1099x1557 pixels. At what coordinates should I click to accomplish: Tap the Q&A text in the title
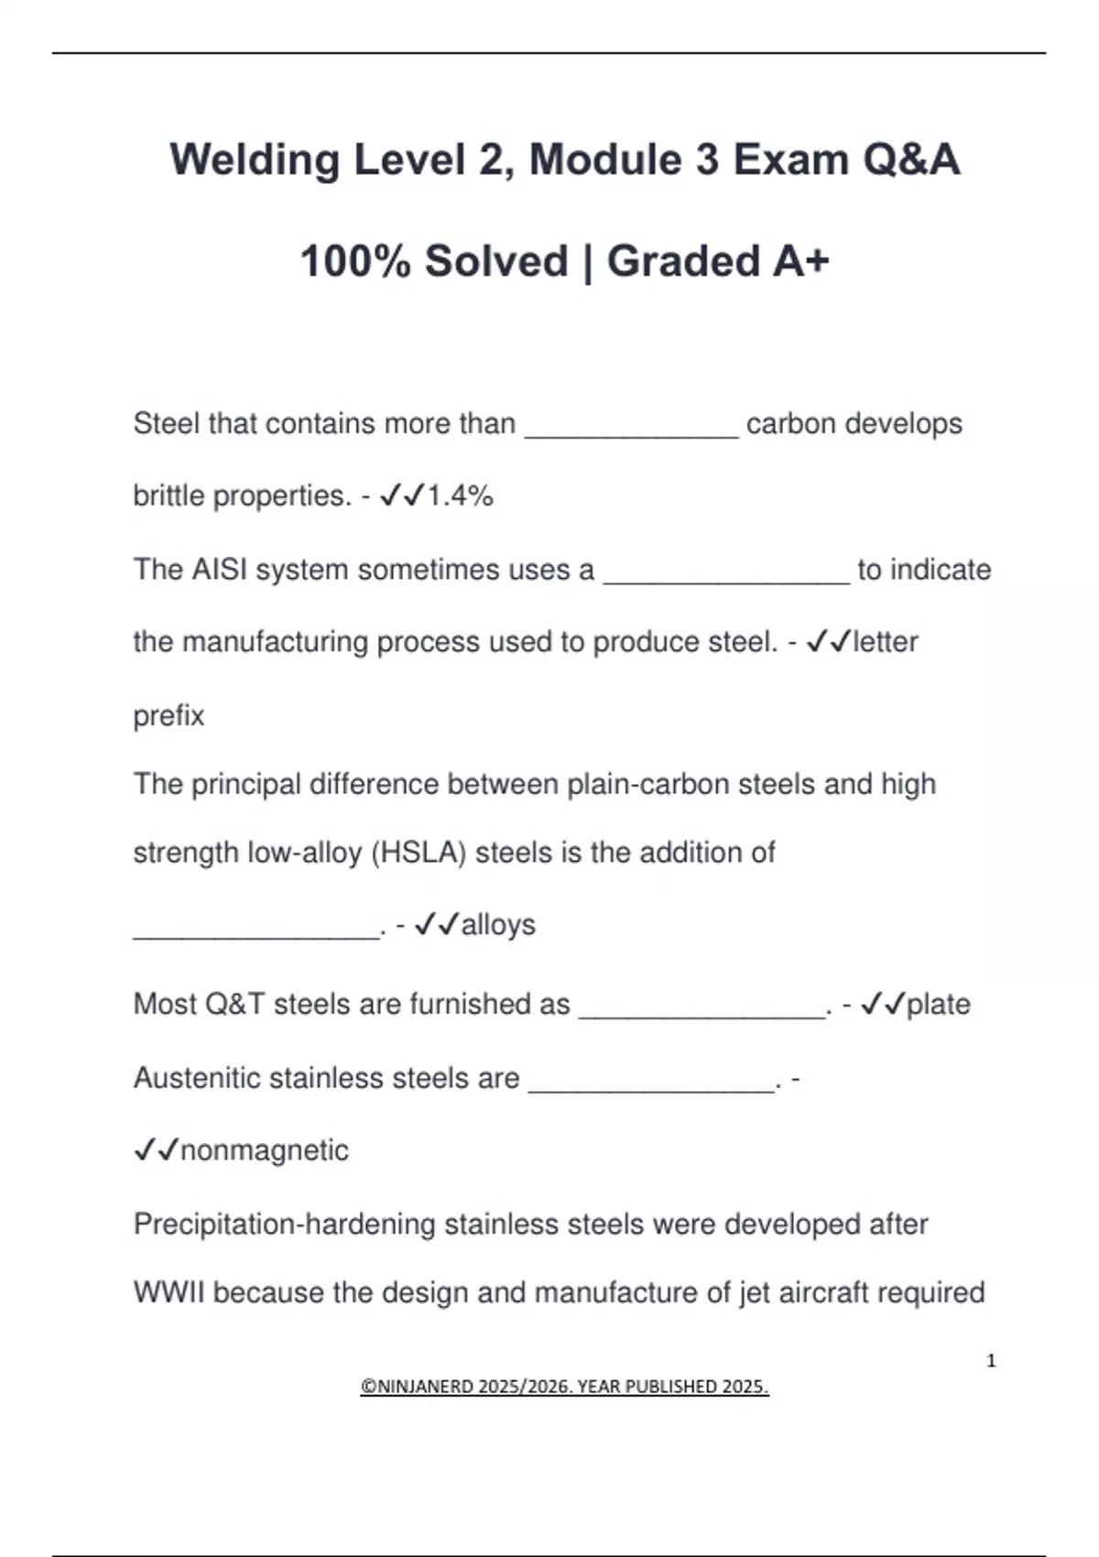pos(910,160)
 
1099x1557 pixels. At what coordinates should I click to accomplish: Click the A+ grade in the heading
pos(801,262)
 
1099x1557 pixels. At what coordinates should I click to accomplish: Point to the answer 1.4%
pos(460,496)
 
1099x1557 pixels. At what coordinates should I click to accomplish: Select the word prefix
pos(169,715)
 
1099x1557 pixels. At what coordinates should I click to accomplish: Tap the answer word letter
pos(885,642)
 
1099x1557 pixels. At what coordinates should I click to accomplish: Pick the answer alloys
pos(498,925)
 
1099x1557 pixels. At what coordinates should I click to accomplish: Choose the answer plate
pos(938,1005)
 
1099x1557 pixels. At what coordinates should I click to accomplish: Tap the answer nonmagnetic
pos(265,1150)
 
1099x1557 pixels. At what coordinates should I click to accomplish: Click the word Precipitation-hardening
pos(284,1225)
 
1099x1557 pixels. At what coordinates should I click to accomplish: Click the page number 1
pos(991,1361)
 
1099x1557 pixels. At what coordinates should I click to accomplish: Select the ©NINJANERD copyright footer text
pos(564,1387)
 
